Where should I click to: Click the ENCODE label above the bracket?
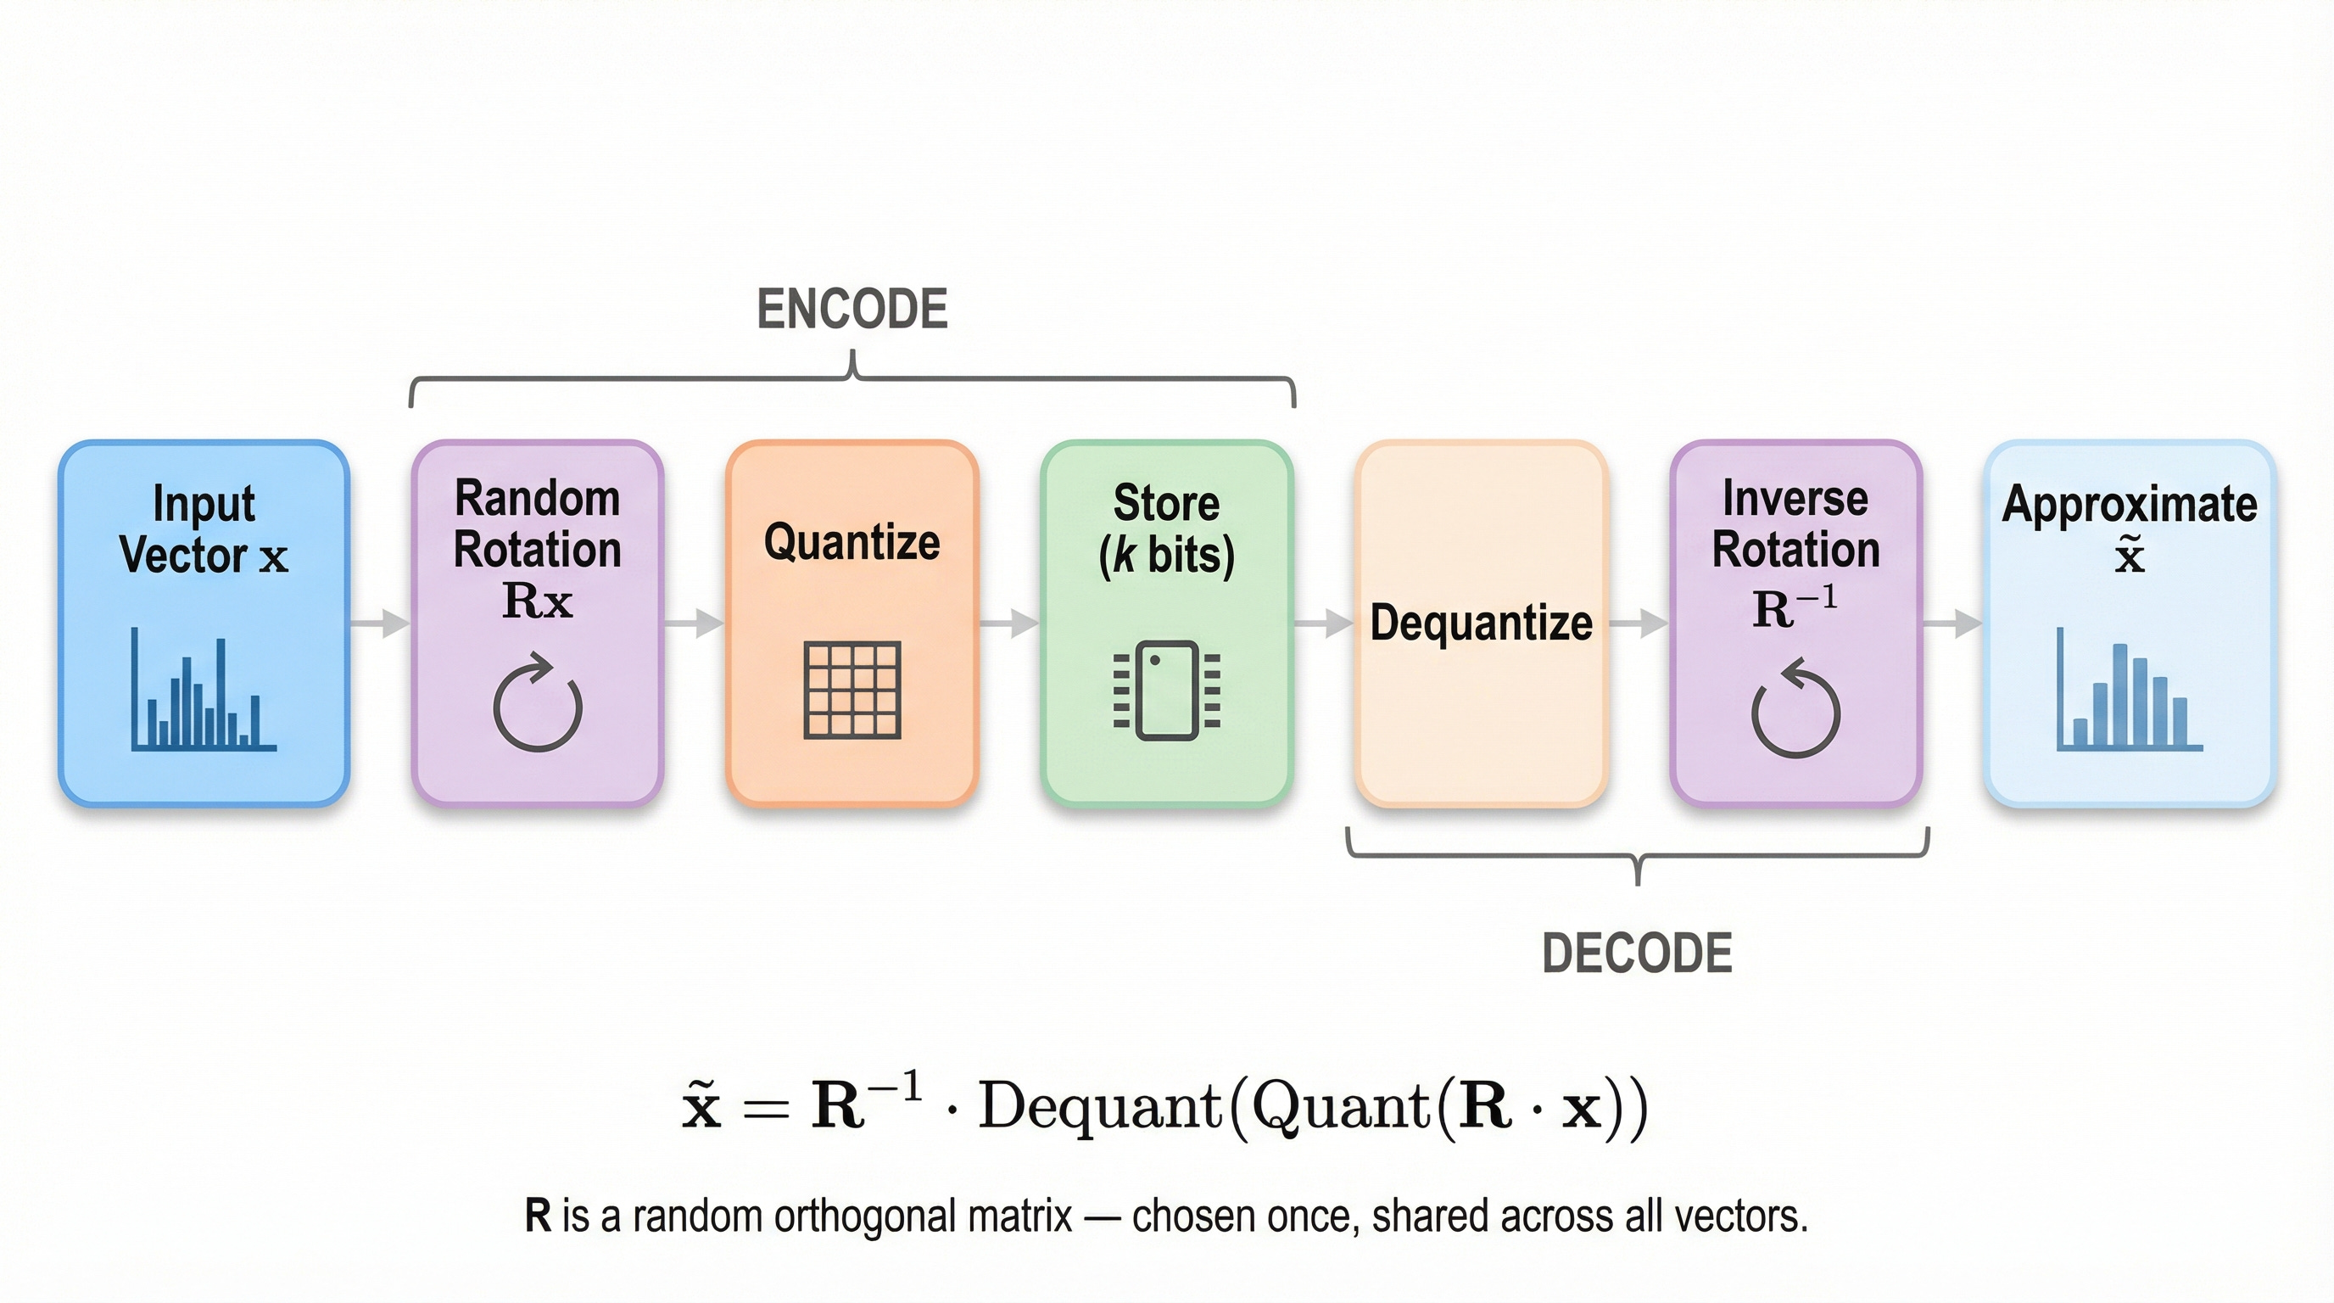tap(852, 309)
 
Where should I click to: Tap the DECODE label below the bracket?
tap(1636, 953)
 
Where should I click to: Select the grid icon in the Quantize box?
tap(852, 690)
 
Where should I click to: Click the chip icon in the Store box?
tap(1167, 690)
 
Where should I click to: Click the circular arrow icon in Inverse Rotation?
tap(1795, 707)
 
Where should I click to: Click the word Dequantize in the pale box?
tap(1481, 624)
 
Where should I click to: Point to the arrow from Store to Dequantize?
tap(1324, 624)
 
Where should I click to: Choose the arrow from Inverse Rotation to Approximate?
tap(1952, 624)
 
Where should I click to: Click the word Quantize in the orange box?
tap(852, 542)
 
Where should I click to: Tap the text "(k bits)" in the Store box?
tap(1166, 555)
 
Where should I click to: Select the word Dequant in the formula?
tap(1100, 1106)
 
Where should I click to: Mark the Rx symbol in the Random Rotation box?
tap(538, 601)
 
